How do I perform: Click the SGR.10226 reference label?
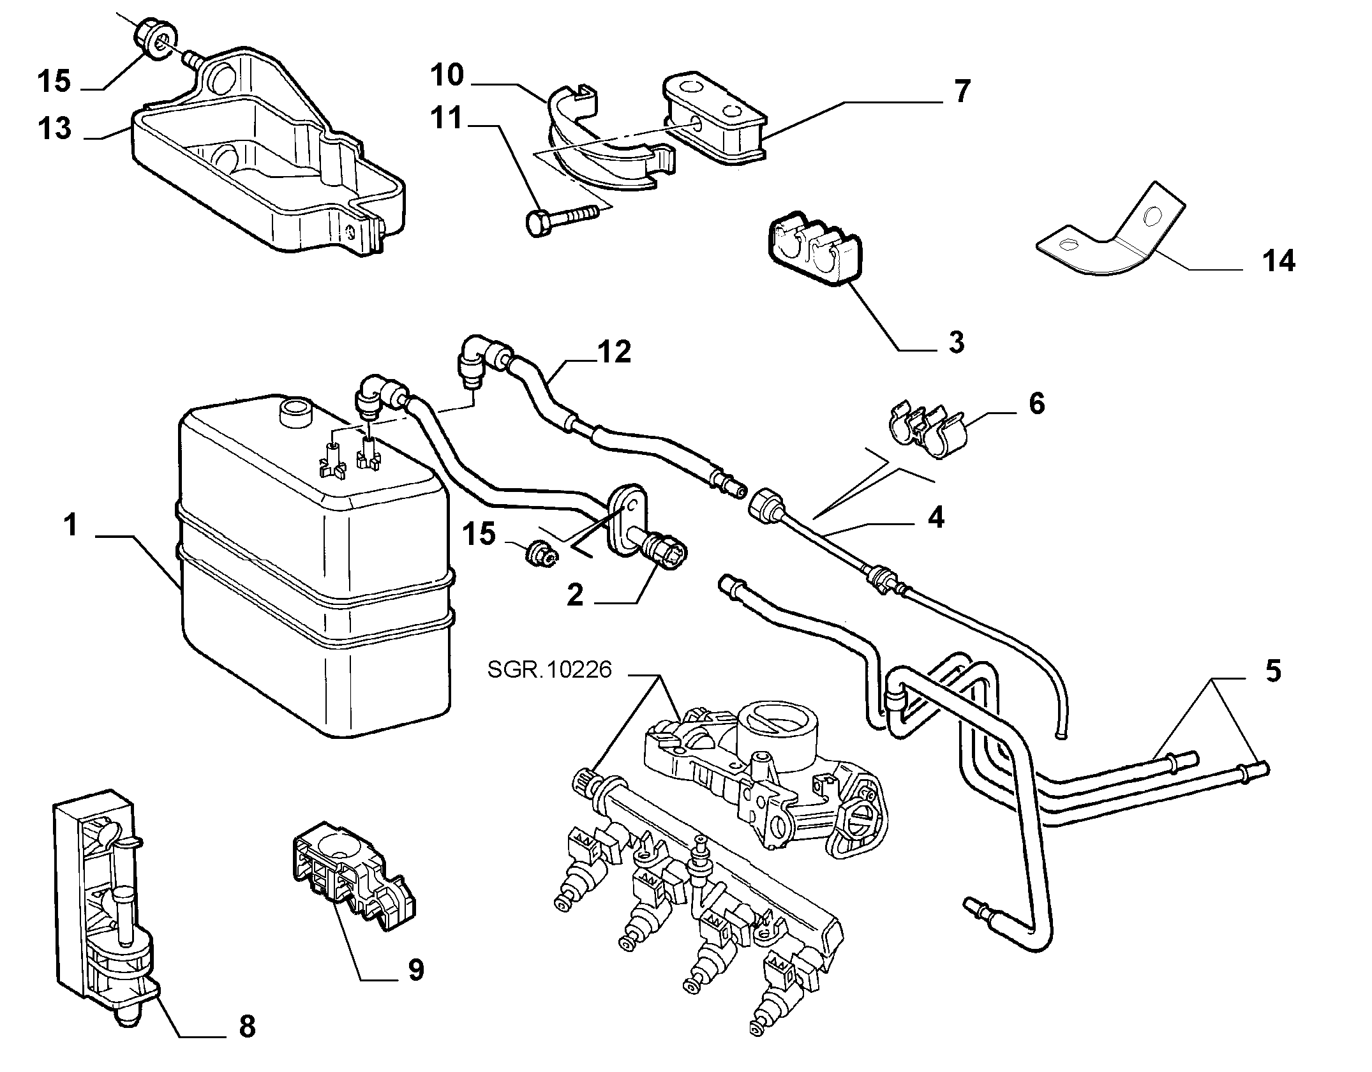549,669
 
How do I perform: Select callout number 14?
1279,262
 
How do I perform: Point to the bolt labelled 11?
562,219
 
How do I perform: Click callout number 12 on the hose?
614,352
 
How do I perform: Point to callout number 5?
1272,671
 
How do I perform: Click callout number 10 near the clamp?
446,75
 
